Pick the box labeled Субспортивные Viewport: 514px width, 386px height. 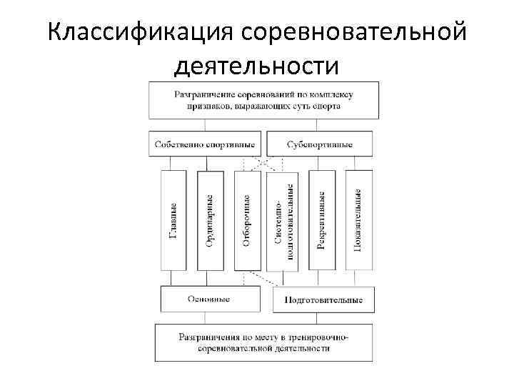[319, 144]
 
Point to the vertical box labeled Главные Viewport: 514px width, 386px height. [174, 220]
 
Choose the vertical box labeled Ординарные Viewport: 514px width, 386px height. [211, 220]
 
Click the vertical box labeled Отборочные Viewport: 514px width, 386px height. [247, 220]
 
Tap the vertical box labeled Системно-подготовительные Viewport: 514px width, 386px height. [283, 220]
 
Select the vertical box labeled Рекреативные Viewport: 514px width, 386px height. [322, 220]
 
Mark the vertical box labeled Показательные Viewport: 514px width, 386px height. [358, 220]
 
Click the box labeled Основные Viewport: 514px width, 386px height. [208, 299]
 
